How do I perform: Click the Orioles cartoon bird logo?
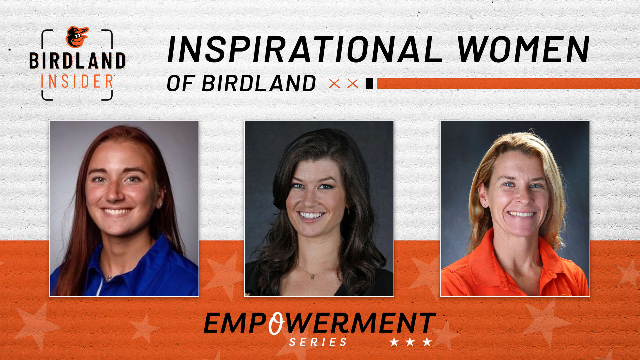click(77, 37)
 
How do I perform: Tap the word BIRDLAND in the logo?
click(77, 61)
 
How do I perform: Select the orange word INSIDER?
click(77, 81)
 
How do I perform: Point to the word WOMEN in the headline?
click(523, 49)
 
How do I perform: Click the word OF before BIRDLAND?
click(180, 83)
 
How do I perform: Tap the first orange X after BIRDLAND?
click(334, 84)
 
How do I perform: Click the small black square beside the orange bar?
click(370, 83)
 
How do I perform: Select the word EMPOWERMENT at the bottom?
click(320, 323)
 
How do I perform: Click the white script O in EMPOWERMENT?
click(276, 323)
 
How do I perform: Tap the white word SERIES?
click(318, 342)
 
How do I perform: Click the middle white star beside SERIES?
click(410, 342)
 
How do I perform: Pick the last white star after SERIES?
click(427, 342)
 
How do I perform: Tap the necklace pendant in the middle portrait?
click(312, 277)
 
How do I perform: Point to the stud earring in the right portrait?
click(485, 206)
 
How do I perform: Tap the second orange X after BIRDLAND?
click(352, 84)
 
